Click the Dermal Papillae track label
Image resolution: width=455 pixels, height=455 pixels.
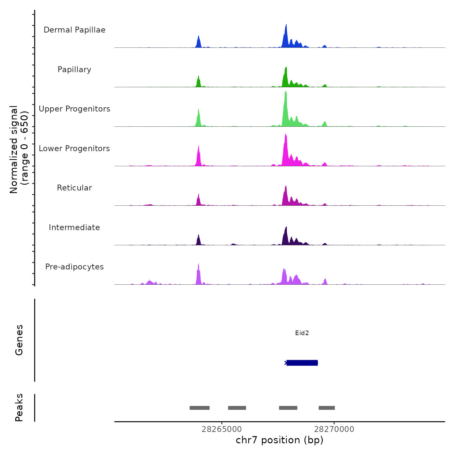point(74,30)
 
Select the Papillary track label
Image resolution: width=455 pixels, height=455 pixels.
point(74,70)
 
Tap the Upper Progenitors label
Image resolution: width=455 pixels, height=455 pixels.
point(74,109)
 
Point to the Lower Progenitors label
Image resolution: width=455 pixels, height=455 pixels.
point(74,149)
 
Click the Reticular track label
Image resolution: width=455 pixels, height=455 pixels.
point(74,188)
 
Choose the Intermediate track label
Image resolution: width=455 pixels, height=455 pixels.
point(74,227)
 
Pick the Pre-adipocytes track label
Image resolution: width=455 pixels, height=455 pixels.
point(74,267)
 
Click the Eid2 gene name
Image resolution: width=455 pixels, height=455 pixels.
point(302,333)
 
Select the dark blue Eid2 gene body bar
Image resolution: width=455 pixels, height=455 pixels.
point(302,363)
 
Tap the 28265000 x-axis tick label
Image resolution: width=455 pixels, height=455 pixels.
point(222,429)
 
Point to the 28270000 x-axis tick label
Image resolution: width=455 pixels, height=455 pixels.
point(334,429)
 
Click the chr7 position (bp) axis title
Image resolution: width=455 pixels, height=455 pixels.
point(279,440)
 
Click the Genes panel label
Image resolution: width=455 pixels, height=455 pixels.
point(19,340)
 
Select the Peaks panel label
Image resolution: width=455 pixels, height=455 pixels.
point(19,408)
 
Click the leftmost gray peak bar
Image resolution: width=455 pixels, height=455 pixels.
point(200,408)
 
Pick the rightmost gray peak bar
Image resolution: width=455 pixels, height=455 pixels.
point(327,408)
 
